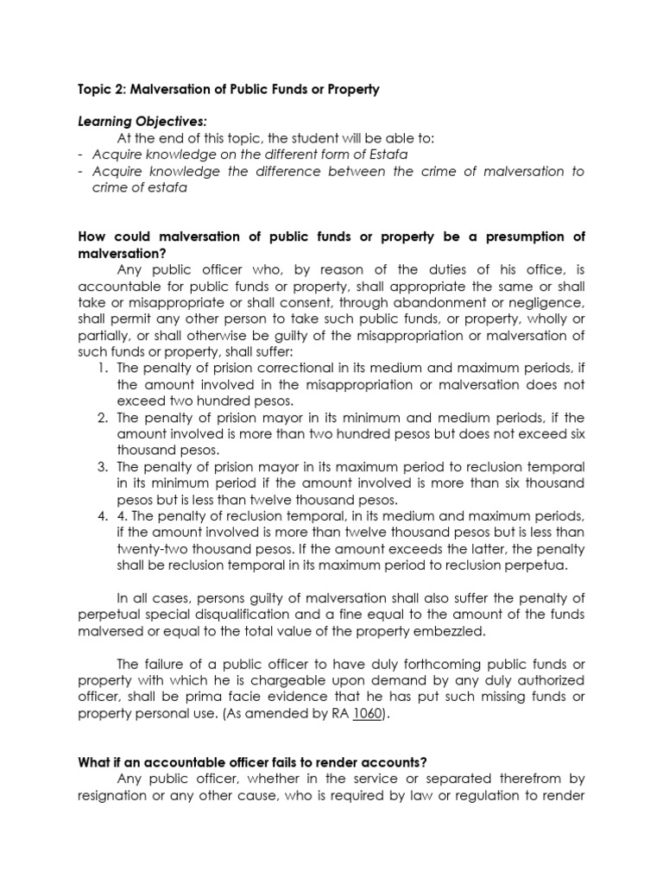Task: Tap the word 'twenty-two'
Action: [149, 549]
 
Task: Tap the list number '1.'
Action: [102, 369]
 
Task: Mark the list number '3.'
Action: [102, 467]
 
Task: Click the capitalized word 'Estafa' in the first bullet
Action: [388, 155]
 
